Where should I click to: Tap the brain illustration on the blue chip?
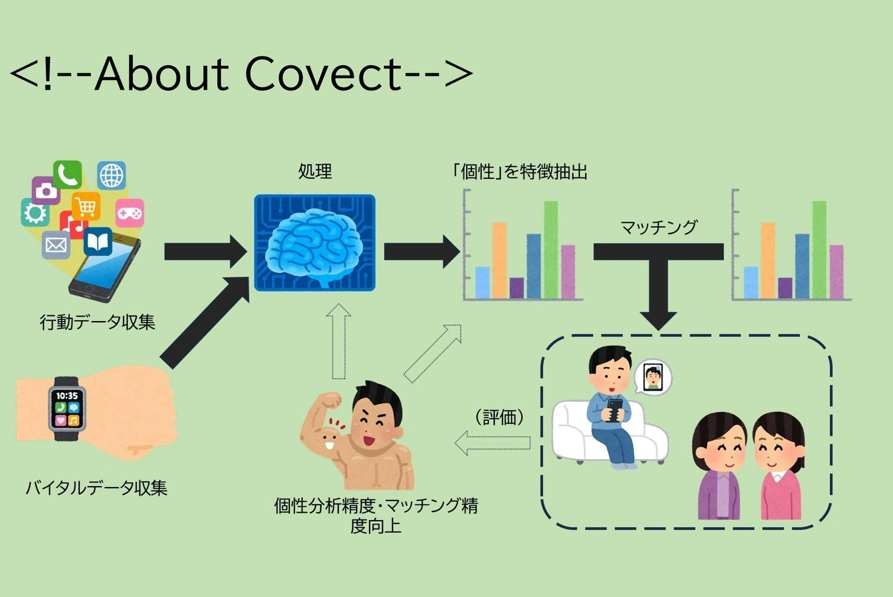tap(314, 243)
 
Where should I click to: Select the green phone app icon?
tap(68, 174)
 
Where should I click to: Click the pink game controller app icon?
tap(130, 213)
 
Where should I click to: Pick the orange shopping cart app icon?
tap(86, 206)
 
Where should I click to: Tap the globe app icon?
tap(111, 175)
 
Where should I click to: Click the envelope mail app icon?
tap(56, 245)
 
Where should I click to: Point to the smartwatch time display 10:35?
tap(67, 396)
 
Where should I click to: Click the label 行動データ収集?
tap(97, 322)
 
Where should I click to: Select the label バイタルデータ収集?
tap(97, 488)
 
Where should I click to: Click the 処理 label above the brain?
tap(315, 171)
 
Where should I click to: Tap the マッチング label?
tap(658, 227)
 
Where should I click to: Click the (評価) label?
tap(500, 417)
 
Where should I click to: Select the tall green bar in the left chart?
tap(551, 249)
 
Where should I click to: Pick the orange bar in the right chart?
tap(768, 260)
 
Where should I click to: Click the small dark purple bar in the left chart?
tap(516, 288)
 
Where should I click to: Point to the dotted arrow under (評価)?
tap(493, 443)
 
